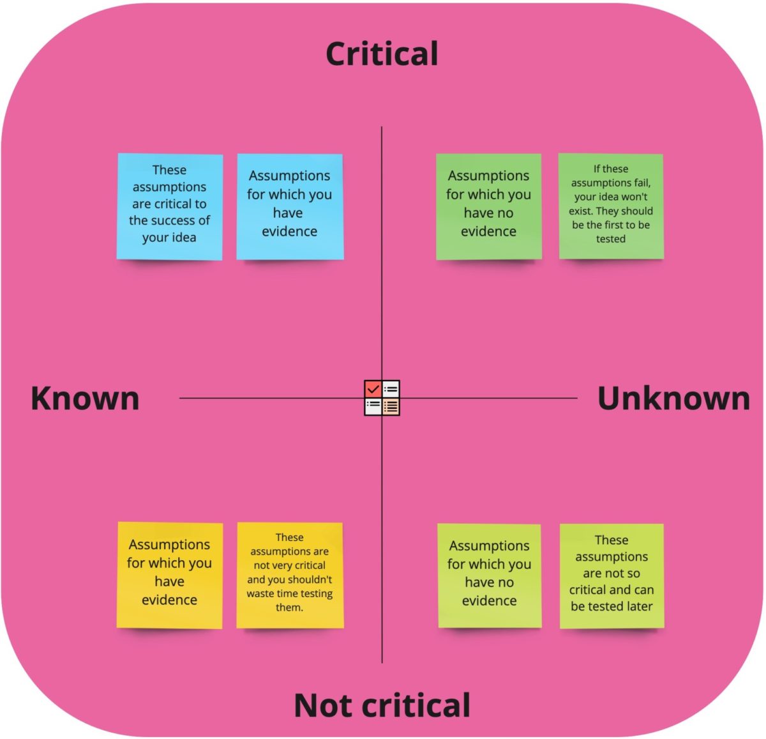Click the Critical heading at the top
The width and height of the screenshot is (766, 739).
click(382, 54)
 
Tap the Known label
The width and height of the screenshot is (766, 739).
click(85, 399)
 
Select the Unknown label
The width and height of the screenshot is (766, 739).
click(673, 399)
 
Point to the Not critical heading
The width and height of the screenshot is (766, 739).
click(382, 706)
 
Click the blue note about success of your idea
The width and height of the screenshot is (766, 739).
click(169, 206)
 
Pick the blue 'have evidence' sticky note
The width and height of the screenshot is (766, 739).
click(290, 206)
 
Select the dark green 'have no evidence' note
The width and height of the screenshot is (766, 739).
click(488, 206)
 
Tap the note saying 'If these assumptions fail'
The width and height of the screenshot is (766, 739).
click(611, 206)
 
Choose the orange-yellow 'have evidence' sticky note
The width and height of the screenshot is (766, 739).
click(169, 574)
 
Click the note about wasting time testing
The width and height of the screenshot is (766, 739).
click(290, 574)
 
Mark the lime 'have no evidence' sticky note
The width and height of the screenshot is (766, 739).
click(489, 575)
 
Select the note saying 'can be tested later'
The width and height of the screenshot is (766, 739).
click(612, 575)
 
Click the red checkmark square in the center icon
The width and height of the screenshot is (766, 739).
click(373, 389)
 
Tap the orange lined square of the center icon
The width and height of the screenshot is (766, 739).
click(391, 406)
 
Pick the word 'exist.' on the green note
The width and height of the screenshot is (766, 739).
click(580, 211)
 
